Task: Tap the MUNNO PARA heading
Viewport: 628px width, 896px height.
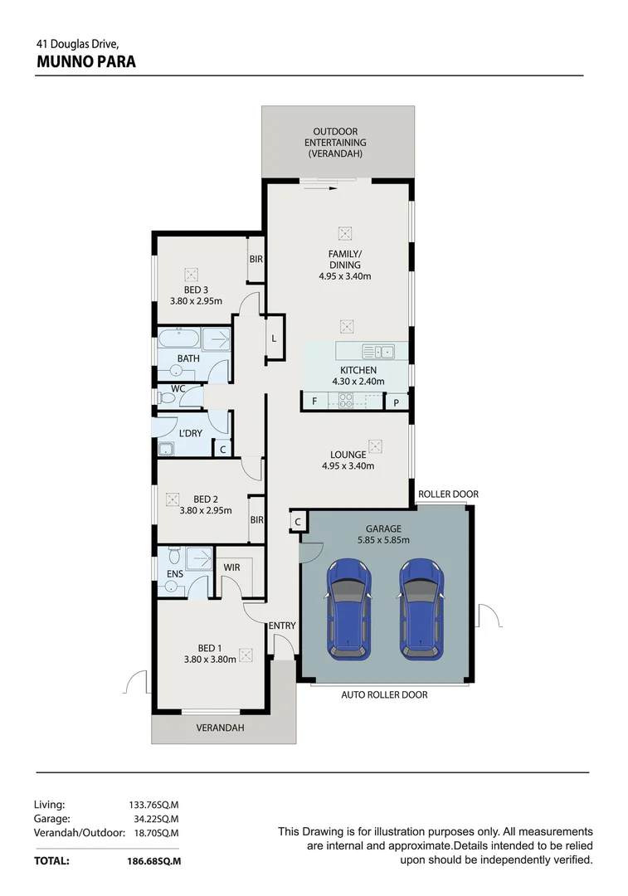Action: (86, 61)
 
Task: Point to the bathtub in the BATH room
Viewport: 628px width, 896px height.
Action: (179, 339)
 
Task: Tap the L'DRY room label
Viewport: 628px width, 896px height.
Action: (191, 433)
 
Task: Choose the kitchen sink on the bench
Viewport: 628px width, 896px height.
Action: (378, 351)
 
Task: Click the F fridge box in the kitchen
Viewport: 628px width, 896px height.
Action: (314, 402)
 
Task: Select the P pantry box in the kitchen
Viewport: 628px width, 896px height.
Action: (397, 402)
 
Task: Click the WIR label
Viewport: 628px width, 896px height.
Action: (231, 567)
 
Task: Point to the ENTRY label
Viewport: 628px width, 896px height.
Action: (281, 626)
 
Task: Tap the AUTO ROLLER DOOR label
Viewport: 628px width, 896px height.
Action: (384, 694)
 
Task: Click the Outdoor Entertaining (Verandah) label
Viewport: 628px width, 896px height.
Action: (335, 143)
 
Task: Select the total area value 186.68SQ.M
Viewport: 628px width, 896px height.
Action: (148, 861)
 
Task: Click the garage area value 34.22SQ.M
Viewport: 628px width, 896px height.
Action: (156, 818)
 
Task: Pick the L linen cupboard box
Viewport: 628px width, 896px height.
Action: (274, 338)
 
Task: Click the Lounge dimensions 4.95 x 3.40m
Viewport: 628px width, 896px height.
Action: (348, 466)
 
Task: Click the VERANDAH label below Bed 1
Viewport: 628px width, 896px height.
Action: (220, 728)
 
